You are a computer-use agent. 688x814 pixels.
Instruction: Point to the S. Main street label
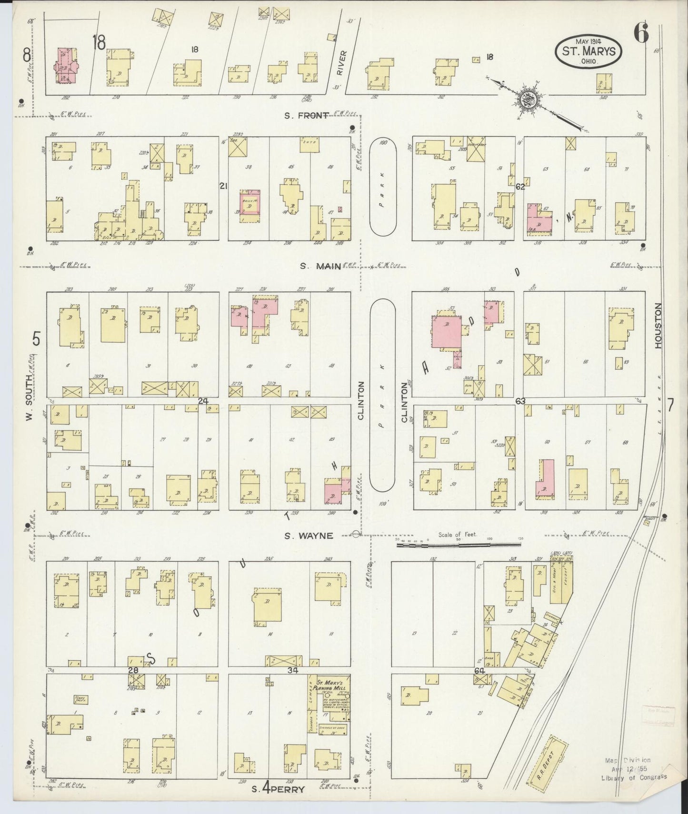320,266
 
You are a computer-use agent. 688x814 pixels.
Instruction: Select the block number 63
520,401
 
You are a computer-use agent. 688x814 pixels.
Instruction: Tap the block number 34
293,670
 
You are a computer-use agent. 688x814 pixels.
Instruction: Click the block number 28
134,670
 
